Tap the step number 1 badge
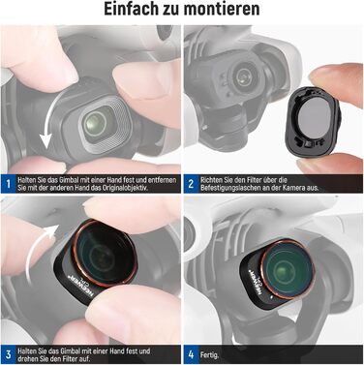tap(8, 184)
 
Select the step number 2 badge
tap(191, 184)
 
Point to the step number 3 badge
tap(8, 354)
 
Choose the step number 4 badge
tap(191, 354)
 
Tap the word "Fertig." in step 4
tap(209, 355)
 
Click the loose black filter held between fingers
tap(313, 120)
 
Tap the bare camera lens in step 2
tap(241, 77)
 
